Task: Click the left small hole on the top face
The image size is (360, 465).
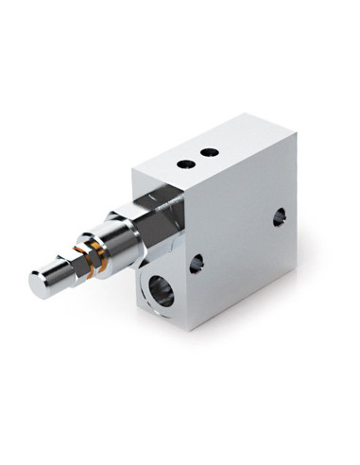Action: (x=186, y=163)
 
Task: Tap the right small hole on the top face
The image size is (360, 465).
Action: (x=210, y=152)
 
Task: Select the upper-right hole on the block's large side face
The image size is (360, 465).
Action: (x=279, y=217)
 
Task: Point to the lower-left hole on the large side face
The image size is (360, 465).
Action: (x=196, y=264)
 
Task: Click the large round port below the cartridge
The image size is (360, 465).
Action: (x=162, y=292)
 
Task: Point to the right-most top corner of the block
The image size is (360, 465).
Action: (x=296, y=133)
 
